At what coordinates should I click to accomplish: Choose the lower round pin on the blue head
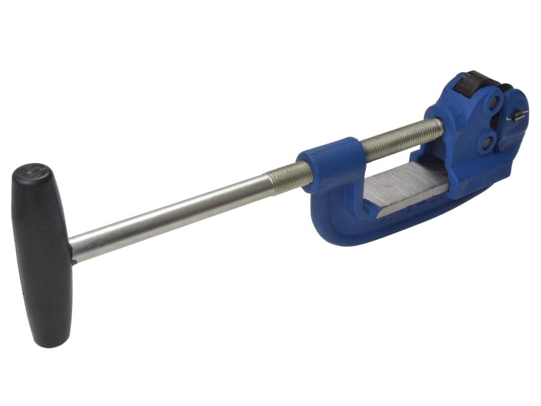click(485, 143)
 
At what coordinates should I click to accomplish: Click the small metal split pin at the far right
click(517, 116)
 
